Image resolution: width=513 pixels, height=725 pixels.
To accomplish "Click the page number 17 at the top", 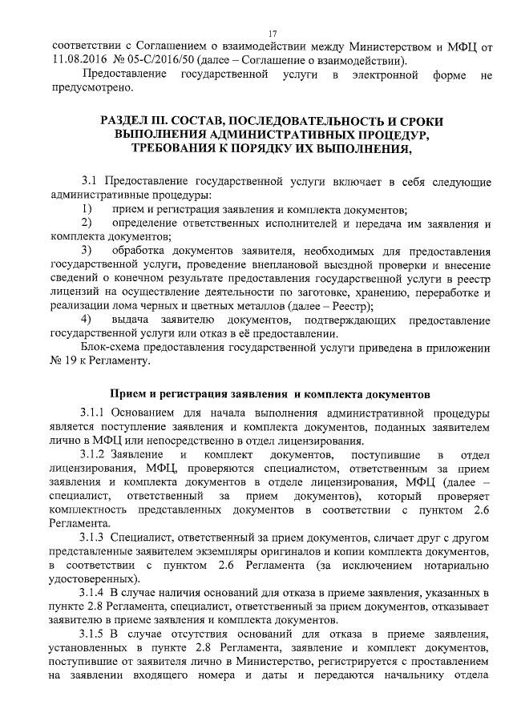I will (x=272, y=33).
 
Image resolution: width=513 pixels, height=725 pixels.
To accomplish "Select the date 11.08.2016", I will (x=75, y=59).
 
